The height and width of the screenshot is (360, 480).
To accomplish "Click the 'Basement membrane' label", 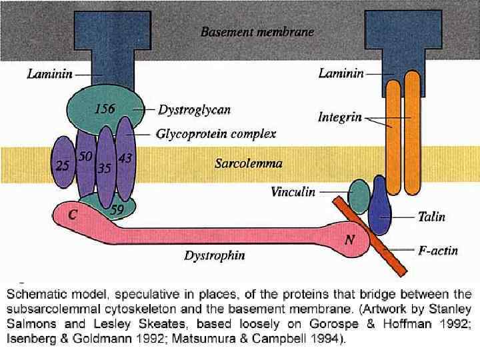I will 257,31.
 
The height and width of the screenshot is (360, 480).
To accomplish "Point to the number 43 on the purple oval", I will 125,159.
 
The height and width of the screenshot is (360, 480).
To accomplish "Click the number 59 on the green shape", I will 117,209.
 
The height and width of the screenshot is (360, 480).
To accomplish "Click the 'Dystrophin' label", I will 214,255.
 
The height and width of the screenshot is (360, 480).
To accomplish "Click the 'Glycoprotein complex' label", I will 216,134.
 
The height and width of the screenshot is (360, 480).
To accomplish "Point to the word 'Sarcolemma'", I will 248,163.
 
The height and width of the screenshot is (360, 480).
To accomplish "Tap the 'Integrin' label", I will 340,117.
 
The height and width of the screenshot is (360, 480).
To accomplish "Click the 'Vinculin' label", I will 293,192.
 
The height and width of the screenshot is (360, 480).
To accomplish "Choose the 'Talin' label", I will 431,217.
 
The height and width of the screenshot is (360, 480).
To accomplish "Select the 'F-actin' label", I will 437,251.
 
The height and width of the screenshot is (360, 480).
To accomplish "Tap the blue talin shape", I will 379,203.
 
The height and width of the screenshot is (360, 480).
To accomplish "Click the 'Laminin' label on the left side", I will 50,74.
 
